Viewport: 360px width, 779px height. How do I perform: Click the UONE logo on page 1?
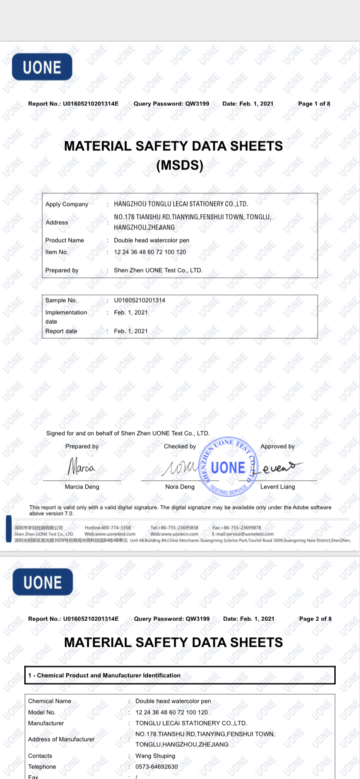[x=42, y=67]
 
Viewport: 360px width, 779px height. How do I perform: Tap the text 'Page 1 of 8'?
[x=314, y=103]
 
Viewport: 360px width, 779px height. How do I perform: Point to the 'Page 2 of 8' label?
[x=315, y=619]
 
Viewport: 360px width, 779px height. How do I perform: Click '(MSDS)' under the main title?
[x=180, y=165]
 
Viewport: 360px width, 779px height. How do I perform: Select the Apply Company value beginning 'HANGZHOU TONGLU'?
[x=181, y=204]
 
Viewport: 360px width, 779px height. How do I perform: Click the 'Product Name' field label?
[x=65, y=240]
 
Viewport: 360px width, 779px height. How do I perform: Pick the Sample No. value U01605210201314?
[x=140, y=300]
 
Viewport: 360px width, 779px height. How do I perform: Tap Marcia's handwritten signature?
[x=81, y=467]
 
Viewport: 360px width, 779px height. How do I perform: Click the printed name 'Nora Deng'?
[x=180, y=486]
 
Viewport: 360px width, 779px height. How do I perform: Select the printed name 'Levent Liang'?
[x=277, y=486]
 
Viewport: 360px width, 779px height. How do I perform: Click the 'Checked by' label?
[x=180, y=446]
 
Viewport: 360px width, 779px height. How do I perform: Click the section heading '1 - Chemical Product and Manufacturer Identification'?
[x=104, y=675]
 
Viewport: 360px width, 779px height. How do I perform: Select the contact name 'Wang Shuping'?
[x=155, y=756]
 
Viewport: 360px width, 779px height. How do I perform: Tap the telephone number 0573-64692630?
[x=157, y=766]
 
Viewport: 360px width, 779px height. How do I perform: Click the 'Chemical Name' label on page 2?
[x=50, y=701]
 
